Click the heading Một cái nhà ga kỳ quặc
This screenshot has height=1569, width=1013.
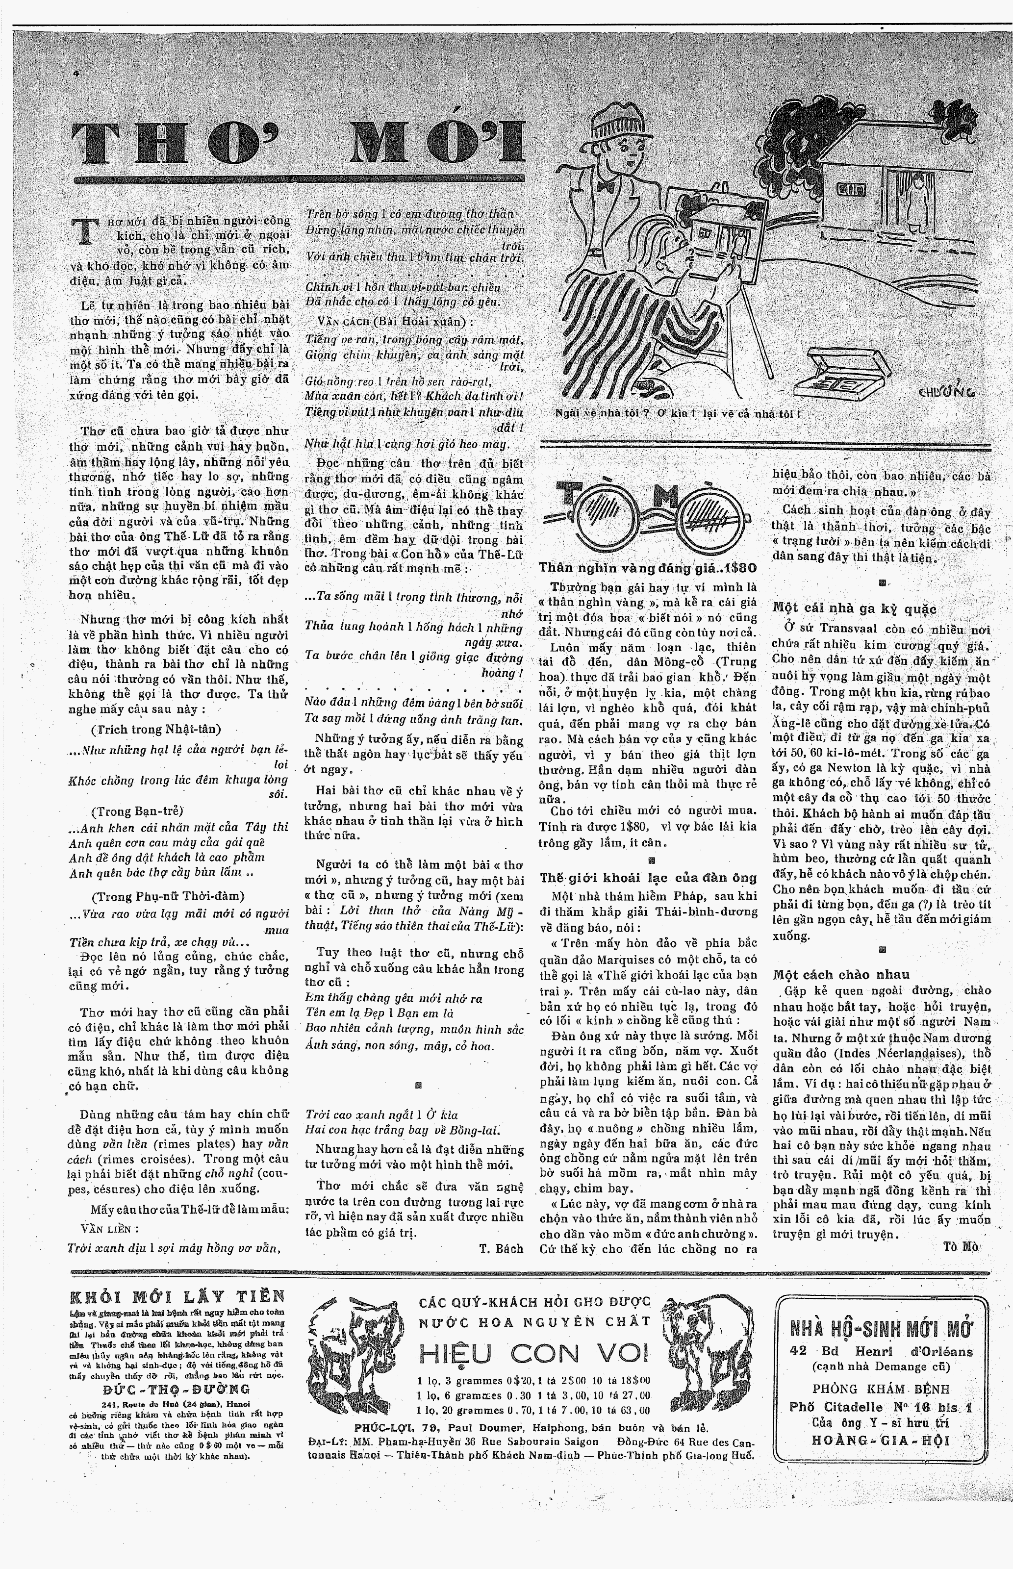[854, 608]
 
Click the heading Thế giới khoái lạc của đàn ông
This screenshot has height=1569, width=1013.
[648, 877]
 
